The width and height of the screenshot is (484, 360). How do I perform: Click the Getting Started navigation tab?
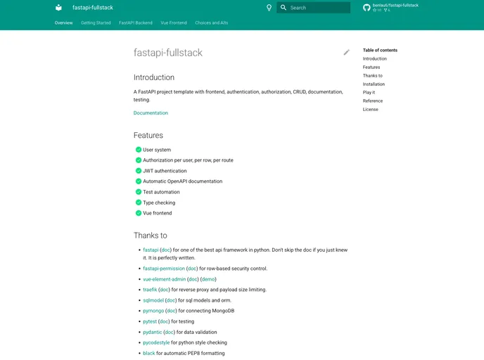(x=96, y=22)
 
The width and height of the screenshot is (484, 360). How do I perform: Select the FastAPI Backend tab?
(x=136, y=22)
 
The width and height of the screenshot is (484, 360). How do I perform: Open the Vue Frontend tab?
(x=174, y=22)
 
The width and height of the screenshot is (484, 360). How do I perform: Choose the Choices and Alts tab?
(x=212, y=22)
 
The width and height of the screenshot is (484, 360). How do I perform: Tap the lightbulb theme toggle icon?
(x=269, y=8)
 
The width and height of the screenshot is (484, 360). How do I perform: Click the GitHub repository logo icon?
(x=367, y=8)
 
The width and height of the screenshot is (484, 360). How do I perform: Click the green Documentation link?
(x=151, y=112)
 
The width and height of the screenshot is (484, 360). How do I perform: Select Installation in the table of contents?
(x=374, y=84)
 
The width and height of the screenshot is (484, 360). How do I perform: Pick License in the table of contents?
(x=370, y=110)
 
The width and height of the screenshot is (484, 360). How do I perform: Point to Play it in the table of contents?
(x=369, y=93)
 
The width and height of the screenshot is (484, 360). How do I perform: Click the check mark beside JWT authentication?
(x=139, y=171)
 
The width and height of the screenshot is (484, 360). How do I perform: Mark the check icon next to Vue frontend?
(x=139, y=213)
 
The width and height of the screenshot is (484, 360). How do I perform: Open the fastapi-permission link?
(x=163, y=269)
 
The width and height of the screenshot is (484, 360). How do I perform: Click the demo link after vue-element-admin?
(x=208, y=279)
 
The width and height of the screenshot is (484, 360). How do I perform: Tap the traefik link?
(x=150, y=290)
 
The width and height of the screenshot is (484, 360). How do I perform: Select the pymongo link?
(x=153, y=311)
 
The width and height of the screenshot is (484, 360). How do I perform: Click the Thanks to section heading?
(x=151, y=236)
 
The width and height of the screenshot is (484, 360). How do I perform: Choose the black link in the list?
(x=148, y=353)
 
